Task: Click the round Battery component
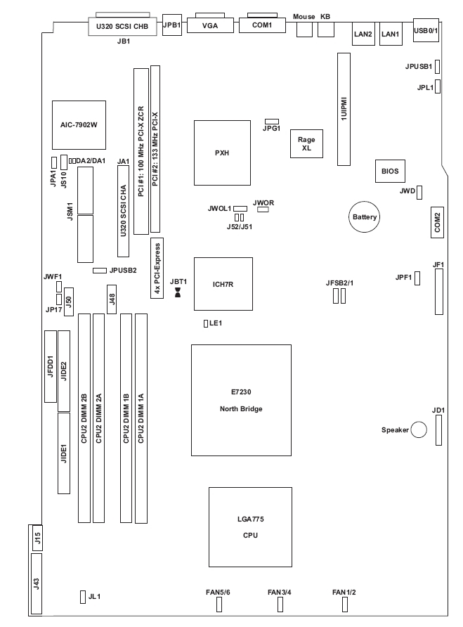[365, 217]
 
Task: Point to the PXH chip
[223, 152]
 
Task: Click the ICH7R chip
[222, 285]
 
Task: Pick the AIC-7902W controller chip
[78, 125]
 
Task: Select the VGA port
[208, 25]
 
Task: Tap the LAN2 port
[364, 34]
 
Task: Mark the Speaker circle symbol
[419, 429]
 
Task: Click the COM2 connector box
[437, 222]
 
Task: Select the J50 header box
[69, 300]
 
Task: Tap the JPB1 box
[172, 25]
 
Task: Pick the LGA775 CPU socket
[250, 526]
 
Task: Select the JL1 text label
[95, 597]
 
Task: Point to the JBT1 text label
[179, 280]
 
